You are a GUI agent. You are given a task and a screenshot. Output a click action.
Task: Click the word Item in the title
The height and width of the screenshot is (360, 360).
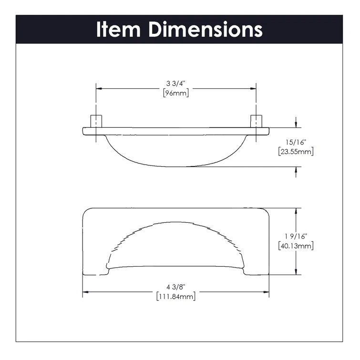tap(119, 29)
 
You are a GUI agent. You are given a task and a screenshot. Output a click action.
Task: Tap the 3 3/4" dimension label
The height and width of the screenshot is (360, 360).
tap(176, 84)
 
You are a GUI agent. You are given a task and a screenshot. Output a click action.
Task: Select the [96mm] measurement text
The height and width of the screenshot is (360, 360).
tap(176, 93)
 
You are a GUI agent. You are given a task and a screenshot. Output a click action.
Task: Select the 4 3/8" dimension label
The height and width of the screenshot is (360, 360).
tap(175, 287)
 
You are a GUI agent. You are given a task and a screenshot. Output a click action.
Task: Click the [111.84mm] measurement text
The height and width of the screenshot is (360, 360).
tap(175, 297)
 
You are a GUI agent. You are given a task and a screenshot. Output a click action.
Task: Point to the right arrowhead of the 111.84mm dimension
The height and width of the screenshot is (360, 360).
tap(267, 292)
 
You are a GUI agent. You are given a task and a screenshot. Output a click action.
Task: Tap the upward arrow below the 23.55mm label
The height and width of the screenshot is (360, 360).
tap(297, 170)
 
